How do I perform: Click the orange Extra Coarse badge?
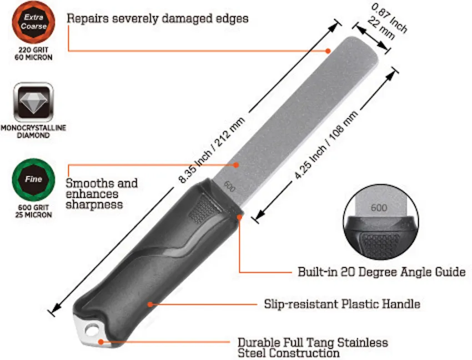pyautogui.click(x=33, y=22)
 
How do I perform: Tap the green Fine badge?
pyautogui.click(x=33, y=179)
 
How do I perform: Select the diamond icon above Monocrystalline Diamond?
pyautogui.click(x=33, y=102)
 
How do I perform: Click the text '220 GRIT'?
pyautogui.click(x=33, y=49)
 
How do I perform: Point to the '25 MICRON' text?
pyautogui.click(x=33, y=214)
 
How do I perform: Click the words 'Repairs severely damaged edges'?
pyautogui.click(x=158, y=18)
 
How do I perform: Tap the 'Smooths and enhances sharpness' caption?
pyautogui.click(x=102, y=194)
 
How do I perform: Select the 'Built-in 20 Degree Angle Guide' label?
pyautogui.click(x=381, y=272)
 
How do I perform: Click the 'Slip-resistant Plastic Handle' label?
pyautogui.click(x=342, y=304)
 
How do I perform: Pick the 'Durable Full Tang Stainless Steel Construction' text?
pyautogui.click(x=313, y=348)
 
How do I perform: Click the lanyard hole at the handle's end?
pyautogui.click(x=92, y=330)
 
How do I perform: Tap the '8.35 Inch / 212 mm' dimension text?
pyautogui.click(x=212, y=151)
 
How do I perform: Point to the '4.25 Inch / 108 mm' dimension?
pyautogui.click(x=326, y=145)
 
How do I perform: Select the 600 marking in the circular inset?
pyautogui.click(x=379, y=208)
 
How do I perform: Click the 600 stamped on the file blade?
pyautogui.click(x=229, y=187)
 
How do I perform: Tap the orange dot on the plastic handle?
pyautogui.click(x=150, y=304)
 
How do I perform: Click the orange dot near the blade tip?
pyautogui.click(x=328, y=51)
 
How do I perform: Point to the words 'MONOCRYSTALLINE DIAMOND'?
pyautogui.click(x=33, y=131)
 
